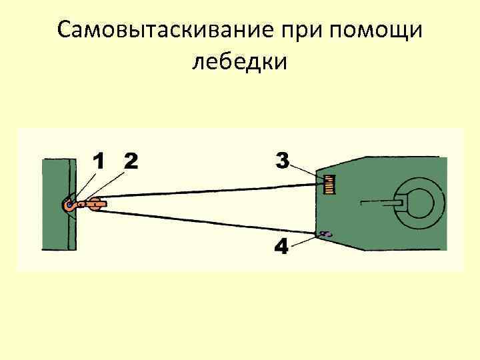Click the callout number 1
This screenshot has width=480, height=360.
(98, 162)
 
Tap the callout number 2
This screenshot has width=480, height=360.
(130, 162)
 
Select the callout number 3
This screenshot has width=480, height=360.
(282, 161)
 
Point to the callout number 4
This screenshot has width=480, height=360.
(282, 247)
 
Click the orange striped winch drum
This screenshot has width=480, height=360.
(329, 183)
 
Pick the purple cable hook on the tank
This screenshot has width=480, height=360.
(326, 234)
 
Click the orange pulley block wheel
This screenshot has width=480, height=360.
(94, 205)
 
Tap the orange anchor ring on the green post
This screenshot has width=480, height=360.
(69, 206)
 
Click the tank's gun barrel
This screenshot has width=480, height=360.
(380, 201)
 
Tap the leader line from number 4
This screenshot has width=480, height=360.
(304, 240)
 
